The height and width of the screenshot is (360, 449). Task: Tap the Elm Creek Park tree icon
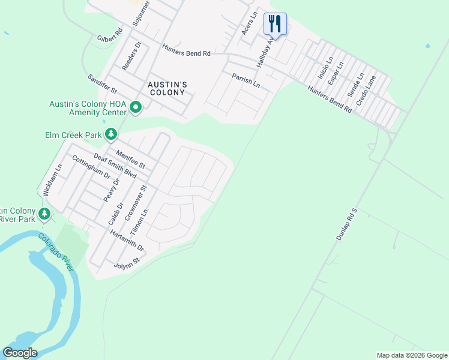(110, 134)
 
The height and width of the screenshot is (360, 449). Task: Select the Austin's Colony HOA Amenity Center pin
(136, 108)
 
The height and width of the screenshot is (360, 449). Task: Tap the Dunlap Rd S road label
(346, 225)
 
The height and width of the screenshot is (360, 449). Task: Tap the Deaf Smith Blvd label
(115, 166)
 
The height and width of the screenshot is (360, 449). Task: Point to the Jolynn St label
(127, 263)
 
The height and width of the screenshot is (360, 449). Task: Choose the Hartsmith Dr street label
(128, 239)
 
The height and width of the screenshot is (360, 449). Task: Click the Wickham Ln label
(51, 181)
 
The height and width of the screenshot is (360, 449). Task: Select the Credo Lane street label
(366, 91)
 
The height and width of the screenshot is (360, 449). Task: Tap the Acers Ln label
(249, 22)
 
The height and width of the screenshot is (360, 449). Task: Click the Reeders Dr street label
(131, 56)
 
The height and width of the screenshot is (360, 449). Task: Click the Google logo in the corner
(20, 353)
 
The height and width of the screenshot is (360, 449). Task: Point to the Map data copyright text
(411, 355)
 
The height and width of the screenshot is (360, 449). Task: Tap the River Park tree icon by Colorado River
(44, 213)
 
